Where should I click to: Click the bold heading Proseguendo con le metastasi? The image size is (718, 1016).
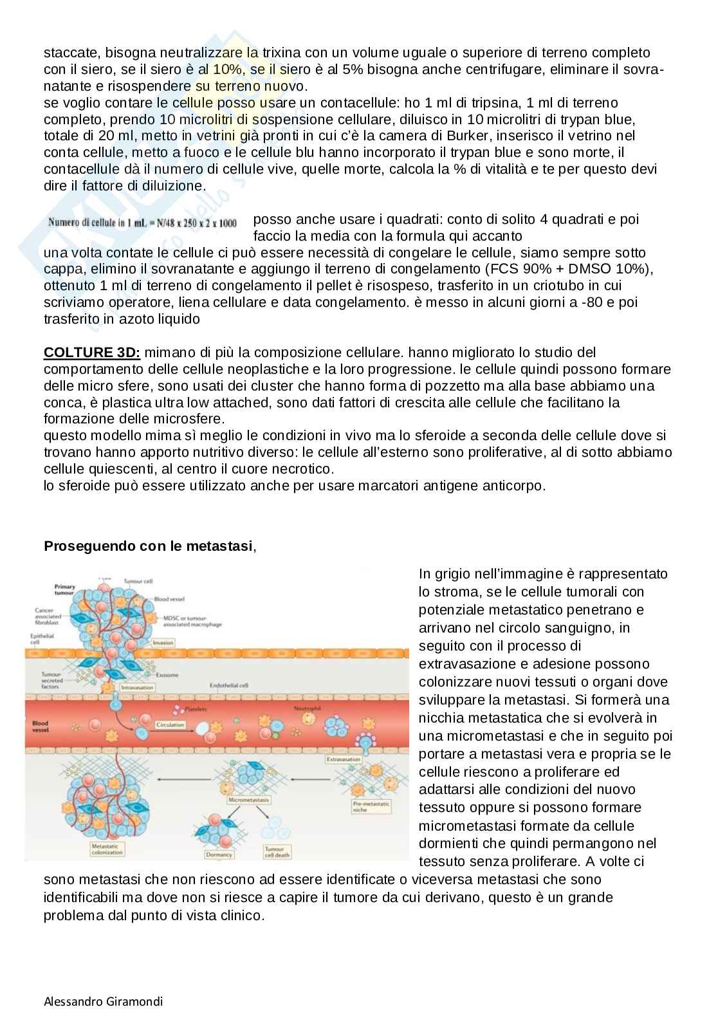point(148,546)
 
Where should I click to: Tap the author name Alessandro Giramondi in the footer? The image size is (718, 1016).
point(103,1001)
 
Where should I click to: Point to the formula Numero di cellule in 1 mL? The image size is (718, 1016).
point(142,223)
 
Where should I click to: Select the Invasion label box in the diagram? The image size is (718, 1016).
point(163,642)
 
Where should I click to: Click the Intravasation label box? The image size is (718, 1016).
point(136,687)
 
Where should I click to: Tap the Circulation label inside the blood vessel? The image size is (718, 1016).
point(170,725)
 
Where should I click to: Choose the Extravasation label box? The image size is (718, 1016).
point(343,759)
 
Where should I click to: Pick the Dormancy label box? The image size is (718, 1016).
point(219,854)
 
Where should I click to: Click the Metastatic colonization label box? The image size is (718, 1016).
point(106,849)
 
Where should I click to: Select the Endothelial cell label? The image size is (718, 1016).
point(228,685)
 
